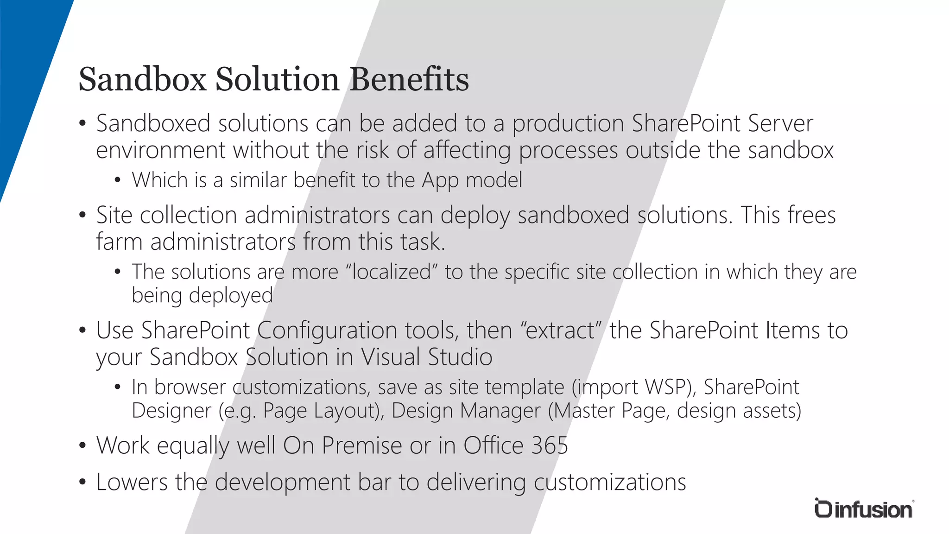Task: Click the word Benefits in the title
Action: [409, 80]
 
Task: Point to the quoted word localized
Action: [392, 272]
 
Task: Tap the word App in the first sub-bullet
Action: [440, 180]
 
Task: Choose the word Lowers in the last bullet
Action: [132, 482]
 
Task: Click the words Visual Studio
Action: [426, 357]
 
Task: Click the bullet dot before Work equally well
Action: [82, 446]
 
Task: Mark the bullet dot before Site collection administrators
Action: [82, 215]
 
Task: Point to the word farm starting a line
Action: [119, 242]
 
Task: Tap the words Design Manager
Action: [466, 411]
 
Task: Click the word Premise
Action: [362, 445]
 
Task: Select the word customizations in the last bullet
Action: [610, 482]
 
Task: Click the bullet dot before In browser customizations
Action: [118, 387]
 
